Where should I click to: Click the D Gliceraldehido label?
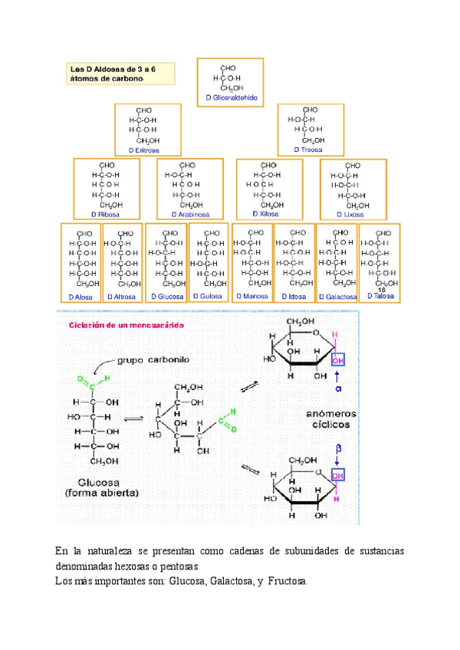tap(232, 98)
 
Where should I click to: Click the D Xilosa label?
tap(268, 215)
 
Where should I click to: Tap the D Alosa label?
tap(80, 296)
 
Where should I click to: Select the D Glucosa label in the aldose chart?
tap(166, 296)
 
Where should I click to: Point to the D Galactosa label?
tap(338, 296)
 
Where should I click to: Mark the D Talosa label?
tap(380, 296)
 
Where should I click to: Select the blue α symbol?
tap(338, 390)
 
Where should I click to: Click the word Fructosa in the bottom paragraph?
tap(287, 581)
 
